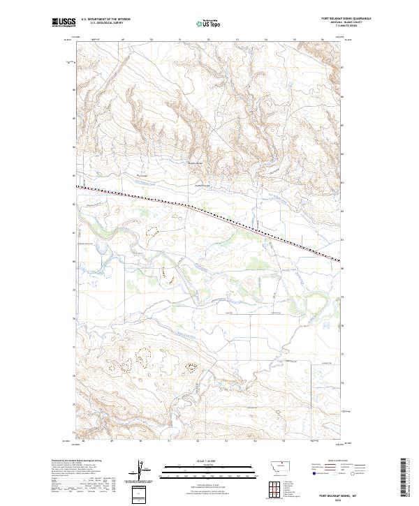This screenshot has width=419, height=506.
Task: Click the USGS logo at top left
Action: pyautogui.click(x=64, y=22)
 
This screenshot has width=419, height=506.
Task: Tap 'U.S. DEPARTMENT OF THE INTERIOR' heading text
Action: pyautogui.click(x=105, y=20)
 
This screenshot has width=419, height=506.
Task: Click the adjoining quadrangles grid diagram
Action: pyautogui.click(x=277, y=488)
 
